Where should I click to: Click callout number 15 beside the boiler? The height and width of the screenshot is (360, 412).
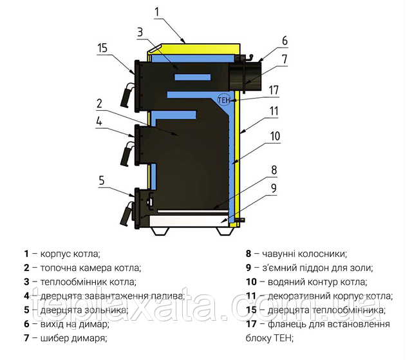tap(102, 48)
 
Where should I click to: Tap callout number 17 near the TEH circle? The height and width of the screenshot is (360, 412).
tap(274, 90)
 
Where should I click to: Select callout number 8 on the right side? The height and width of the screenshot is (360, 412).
tap(274, 170)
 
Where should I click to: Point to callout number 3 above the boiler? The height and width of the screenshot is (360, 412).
tap(140, 32)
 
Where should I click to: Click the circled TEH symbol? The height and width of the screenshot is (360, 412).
tap(224, 100)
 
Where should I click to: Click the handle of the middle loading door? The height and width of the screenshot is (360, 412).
tap(127, 154)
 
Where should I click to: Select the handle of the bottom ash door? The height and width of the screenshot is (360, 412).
tap(127, 214)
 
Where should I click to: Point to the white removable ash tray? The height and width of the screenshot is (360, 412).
tap(189, 221)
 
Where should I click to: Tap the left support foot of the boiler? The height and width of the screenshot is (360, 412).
tap(160, 231)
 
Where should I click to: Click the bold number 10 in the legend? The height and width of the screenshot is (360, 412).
tap(251, 282)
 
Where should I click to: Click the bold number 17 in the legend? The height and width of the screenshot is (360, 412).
tap(251, 324)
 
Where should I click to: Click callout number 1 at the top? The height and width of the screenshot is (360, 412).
tap(157, 12)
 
